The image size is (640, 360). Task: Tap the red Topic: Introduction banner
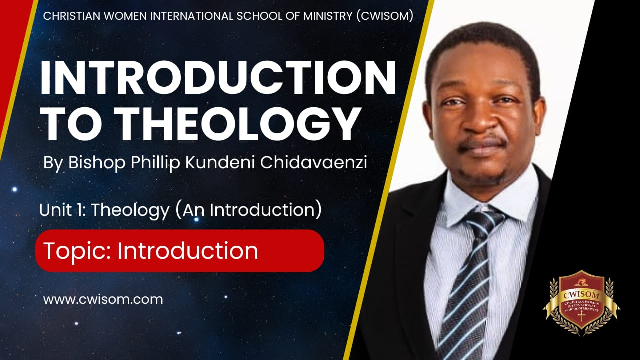pyautogui.click(x=180, y=251)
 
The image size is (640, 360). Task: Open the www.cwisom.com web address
pyautogui.click(x=103, y=300)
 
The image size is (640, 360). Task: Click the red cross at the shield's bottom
pyautogui.click(x=581, y=317)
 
